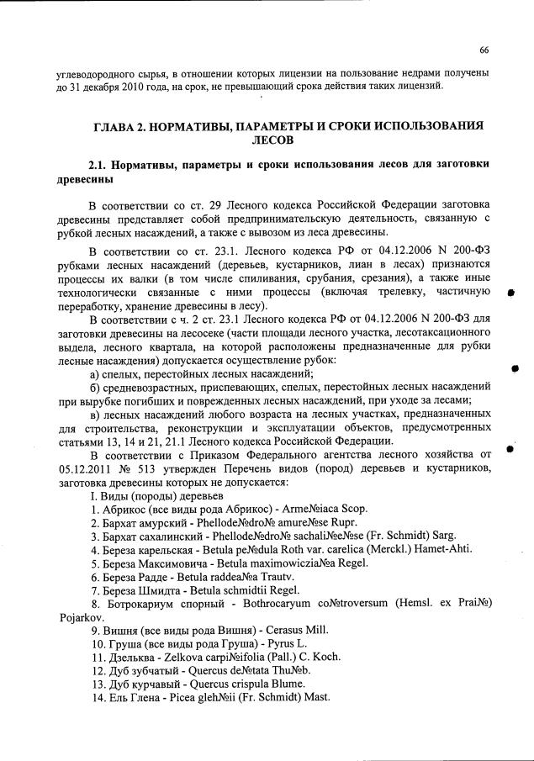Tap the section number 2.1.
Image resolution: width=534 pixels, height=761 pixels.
[101, 165]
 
